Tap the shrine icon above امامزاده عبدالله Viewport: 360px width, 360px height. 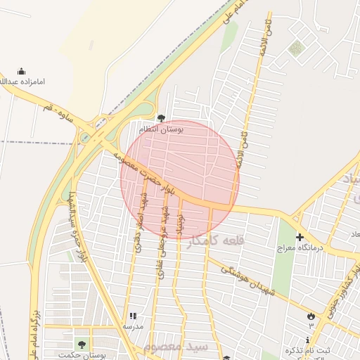[21, 71]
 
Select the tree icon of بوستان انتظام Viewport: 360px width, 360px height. [162, 118]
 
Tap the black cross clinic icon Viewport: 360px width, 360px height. [300, 238]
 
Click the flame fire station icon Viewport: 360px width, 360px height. [309, 316]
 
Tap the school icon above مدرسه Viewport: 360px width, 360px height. [133, 316]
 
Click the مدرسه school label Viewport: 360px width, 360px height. [133, 327]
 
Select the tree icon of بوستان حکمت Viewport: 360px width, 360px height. [82, 345]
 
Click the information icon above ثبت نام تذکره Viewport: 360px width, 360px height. [307, 340]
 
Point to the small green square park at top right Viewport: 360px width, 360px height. [296, 48]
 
